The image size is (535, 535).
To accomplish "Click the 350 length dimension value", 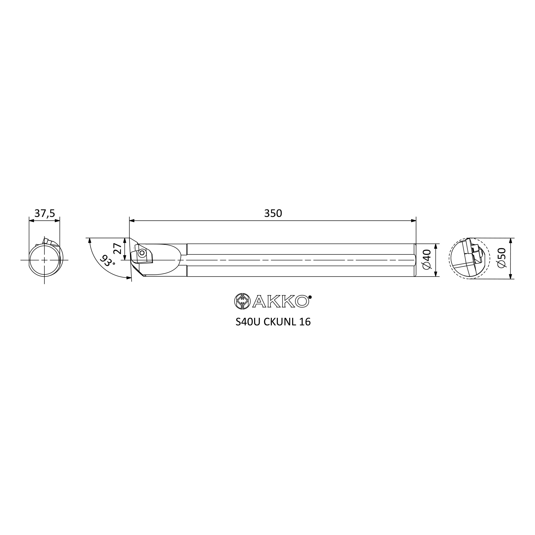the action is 273,213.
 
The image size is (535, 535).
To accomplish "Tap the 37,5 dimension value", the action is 45,213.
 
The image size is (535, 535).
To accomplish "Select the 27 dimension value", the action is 117,249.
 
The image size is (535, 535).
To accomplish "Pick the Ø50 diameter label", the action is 502,258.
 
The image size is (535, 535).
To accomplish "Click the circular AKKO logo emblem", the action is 242,301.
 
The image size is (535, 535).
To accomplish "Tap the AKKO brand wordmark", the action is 281,301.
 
